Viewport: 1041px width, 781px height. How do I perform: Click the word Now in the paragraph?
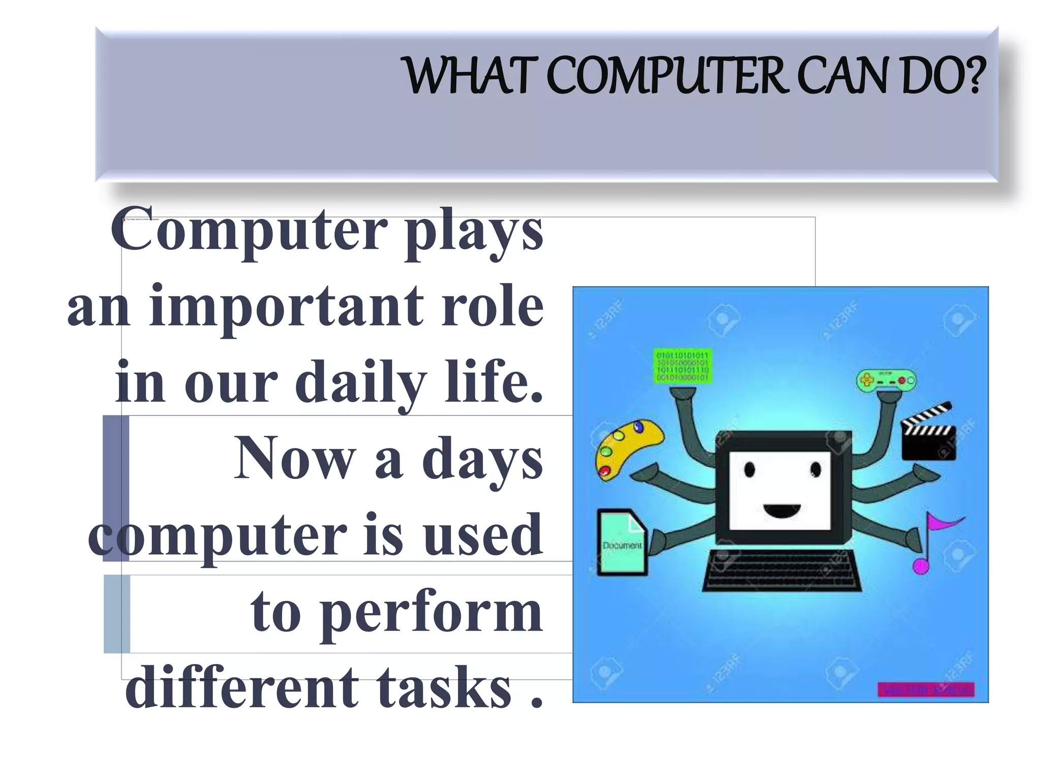coord(295,459)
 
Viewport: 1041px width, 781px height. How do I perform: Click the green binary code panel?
coord(682,366)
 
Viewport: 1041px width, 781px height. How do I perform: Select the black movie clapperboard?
coord(928,432)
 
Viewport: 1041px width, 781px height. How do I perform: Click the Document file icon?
coord(621,542)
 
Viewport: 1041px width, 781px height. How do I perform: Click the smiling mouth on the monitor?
coord(782,509)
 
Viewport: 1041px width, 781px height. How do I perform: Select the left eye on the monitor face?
coord(750,469)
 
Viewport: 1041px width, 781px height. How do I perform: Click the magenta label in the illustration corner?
coord(926,689)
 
